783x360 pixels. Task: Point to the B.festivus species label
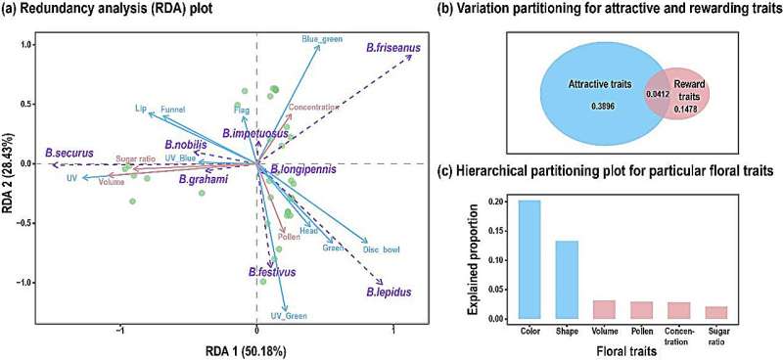[x=272, y=271]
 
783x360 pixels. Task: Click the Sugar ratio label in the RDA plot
[x=135, y=158]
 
